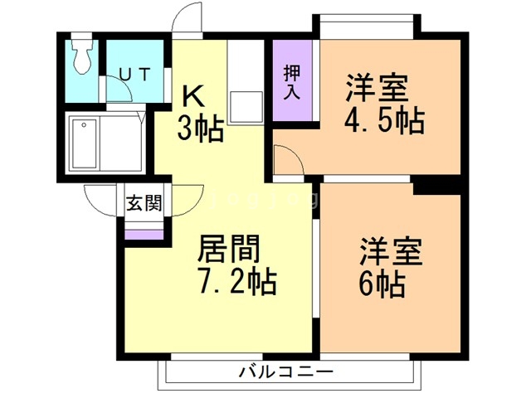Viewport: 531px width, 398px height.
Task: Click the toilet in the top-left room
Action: pos(82,56)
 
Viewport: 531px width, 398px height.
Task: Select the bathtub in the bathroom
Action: pos(85,144)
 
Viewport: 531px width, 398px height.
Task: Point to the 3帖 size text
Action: pos(199,129)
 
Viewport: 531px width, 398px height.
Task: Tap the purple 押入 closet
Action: pos(291,83)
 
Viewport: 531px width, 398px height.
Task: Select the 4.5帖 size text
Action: pos(383,120)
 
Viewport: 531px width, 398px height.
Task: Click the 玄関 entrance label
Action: pos(144,203)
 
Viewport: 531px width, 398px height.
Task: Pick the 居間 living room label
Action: pos(229,248)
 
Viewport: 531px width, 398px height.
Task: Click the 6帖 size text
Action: pos(382,284)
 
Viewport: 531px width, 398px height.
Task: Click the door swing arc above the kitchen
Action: pos(188,18)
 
